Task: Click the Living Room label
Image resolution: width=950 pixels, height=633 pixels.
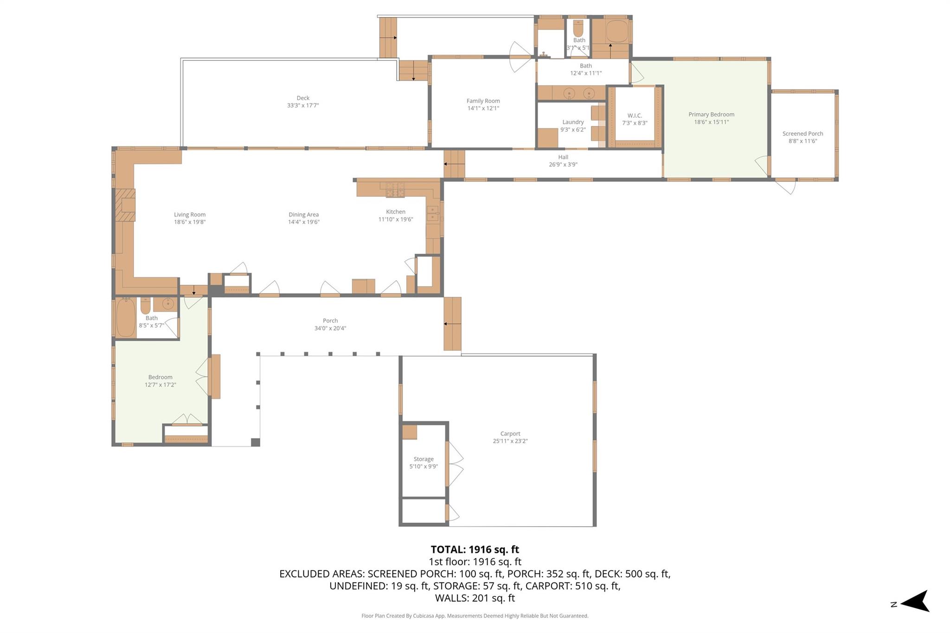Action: click(189, 215)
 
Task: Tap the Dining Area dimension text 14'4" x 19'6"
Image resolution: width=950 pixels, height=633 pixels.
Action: click(303, 222)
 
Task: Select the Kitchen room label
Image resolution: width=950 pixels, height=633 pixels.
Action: click(395, 212)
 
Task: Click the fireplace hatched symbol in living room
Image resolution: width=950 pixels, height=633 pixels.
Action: click(125, 205)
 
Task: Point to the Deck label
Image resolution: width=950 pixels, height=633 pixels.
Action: click(302, 98)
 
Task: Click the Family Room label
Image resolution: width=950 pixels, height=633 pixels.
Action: click(483, 101)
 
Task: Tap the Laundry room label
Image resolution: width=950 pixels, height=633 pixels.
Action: click(572, 122)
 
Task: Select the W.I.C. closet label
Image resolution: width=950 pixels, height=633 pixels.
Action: click(634, 115)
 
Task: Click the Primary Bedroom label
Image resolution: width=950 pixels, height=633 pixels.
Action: click(711, 115)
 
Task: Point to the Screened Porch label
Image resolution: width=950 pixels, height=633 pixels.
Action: click(802, 134)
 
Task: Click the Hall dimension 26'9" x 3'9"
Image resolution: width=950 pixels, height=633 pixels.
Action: click(563, 165)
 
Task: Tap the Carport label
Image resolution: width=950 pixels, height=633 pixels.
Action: click(510, 434)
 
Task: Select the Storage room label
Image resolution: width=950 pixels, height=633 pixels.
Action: click(423, 459)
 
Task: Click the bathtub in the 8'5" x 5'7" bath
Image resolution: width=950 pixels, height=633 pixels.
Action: click(125, 318)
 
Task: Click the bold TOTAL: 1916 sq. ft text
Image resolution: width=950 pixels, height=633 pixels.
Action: click(475, 550)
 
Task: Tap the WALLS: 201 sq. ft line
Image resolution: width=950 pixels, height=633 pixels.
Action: click(475, 598)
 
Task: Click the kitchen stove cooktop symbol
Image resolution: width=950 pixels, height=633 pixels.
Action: click(395, 190)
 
